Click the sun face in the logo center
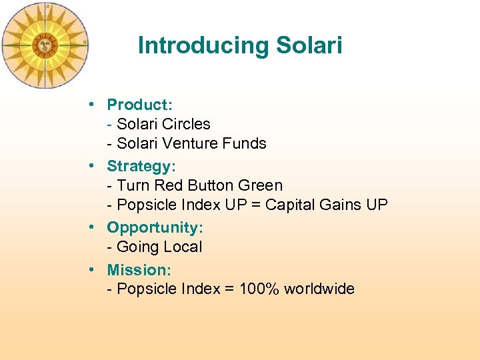45,45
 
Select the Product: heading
140,105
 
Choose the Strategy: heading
142,165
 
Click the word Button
212,185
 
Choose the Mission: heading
139,270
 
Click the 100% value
257,289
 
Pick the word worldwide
319,289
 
